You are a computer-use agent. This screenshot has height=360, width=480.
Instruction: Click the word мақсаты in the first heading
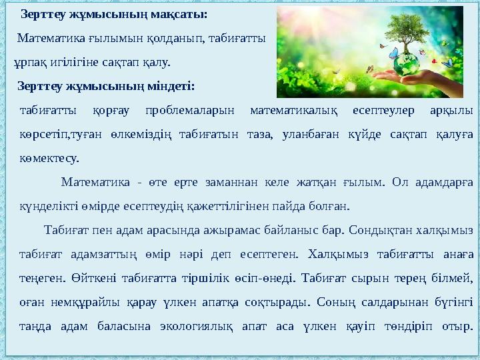pos(179,14)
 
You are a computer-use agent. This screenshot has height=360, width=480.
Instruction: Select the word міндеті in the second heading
pos(171,87)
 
